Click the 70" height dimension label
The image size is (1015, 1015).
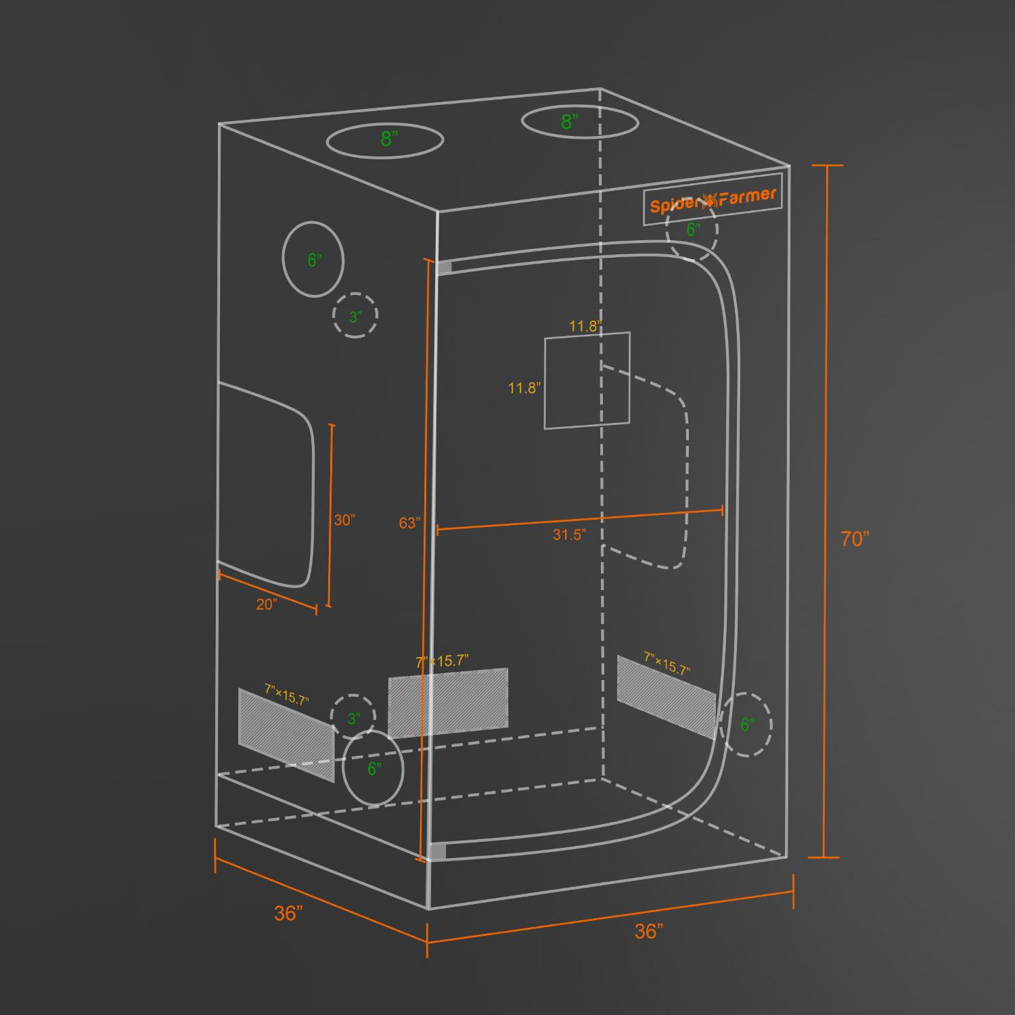[855, 539]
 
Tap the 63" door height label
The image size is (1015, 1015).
[409, 523]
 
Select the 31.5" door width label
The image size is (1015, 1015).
[569, 535]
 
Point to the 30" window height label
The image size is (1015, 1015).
[344, 520]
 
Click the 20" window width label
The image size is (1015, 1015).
[267, 604]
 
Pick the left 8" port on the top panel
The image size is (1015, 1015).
[385, 141]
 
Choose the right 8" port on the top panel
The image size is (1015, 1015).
[580, 122]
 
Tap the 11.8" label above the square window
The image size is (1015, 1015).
[585, 326]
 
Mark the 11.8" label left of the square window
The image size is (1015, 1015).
[524, 388]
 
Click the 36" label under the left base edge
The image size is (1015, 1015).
[288, 913]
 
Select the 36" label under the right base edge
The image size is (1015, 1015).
[649, 932]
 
